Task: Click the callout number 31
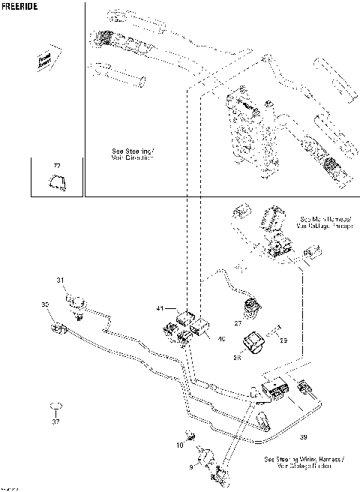coord(61,280)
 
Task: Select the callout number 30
coord(46,304)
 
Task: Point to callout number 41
coord(160,309)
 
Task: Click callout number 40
coord(220,340)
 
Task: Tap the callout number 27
coord(237,323)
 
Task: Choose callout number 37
coord(55,421)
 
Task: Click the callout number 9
coord(190,466)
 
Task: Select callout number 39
coord(302,436)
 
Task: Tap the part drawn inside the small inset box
coord(55,180)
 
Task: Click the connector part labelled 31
coord(75,301)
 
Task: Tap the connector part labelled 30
coord(58,327)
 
